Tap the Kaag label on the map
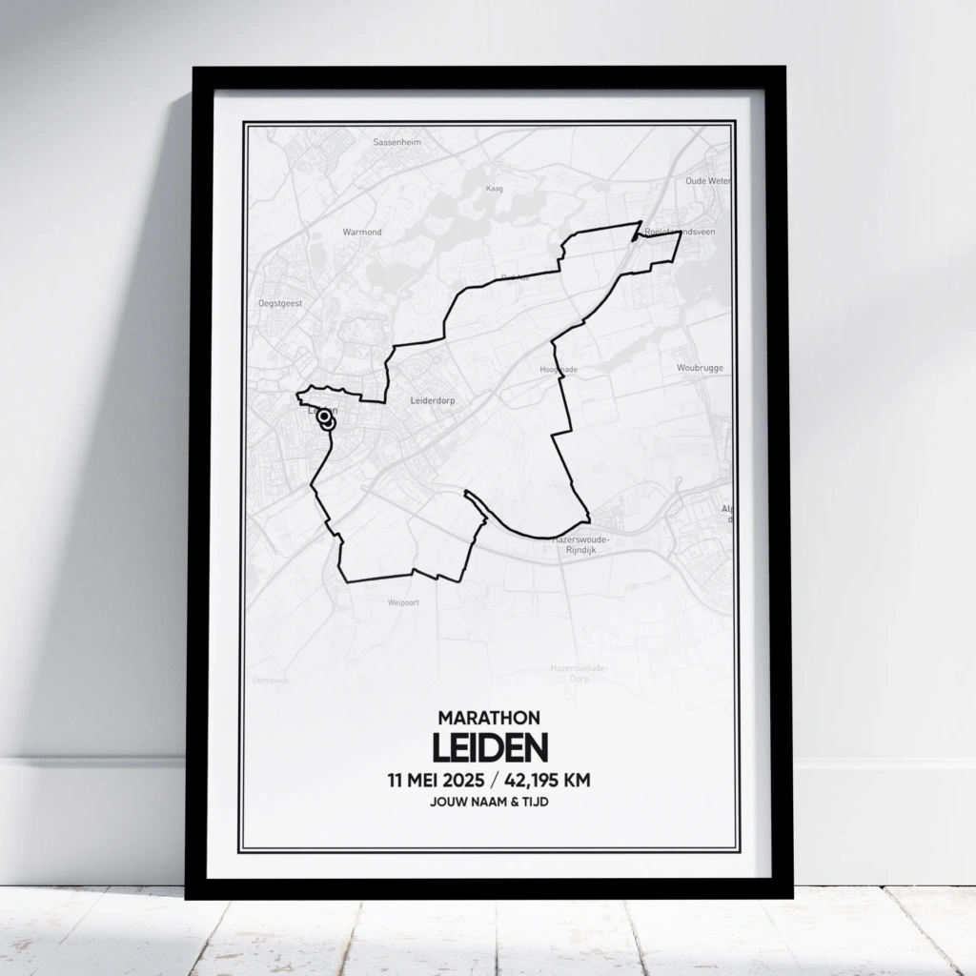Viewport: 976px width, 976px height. click(x=494, y=189)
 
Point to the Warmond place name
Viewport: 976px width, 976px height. click(x=362, y=232)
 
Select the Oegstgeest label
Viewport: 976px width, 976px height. click(x=279, y=302)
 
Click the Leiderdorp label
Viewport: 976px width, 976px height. click(x=432, y=401)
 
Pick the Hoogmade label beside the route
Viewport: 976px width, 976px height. click(x=559, y=369)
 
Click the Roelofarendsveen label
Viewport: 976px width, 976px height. click(x=680, y=232)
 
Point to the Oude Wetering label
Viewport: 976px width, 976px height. click(x=708, y=180)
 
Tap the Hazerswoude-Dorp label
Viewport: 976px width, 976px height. click(x=579, y=674)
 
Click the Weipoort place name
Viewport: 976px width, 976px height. click(x=403, y=602)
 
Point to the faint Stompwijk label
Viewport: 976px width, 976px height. click(x=271, y=680)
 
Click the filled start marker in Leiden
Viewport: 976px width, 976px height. click(x=324, y=416)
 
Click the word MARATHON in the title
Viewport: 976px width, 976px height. click(x=489, y=717)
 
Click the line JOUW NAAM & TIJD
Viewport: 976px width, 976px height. click(x=489, y=803)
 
